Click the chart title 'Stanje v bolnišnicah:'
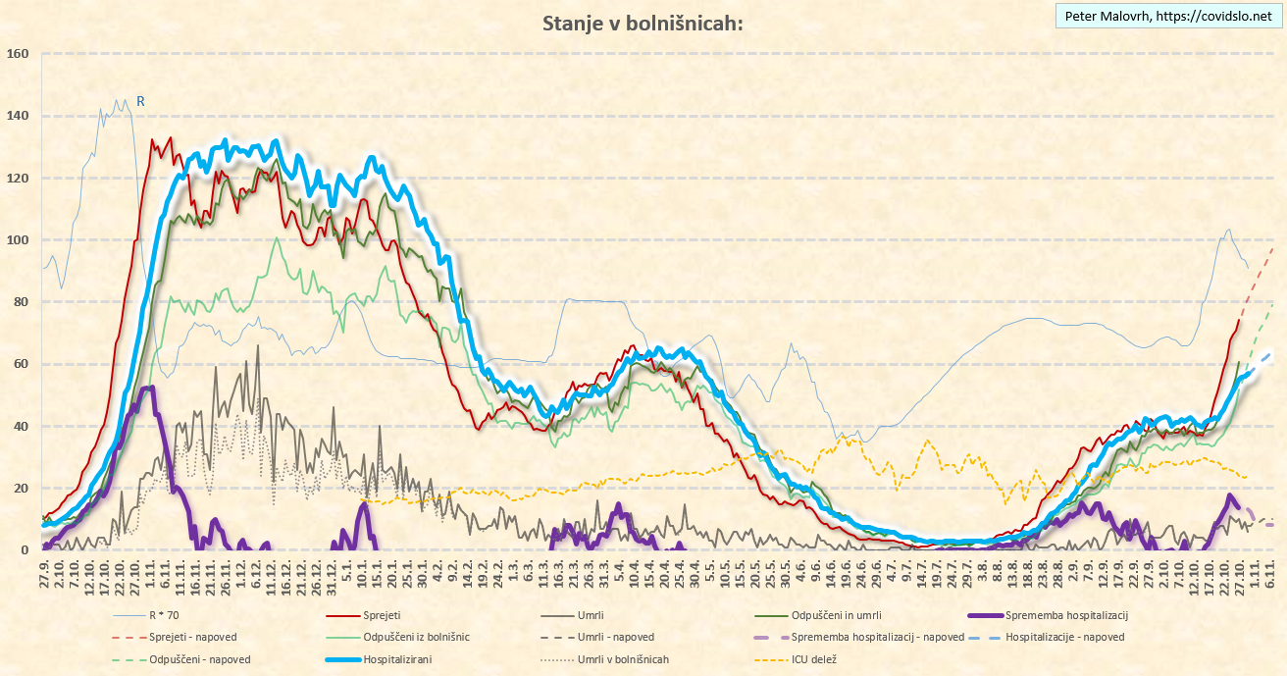coord(643,23)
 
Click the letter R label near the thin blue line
coord(141,101)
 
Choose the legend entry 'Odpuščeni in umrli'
coord(825,616)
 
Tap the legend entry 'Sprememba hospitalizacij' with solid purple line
coord(1069,616)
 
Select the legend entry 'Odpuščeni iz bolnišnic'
coord(416,638)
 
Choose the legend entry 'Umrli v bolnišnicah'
coord(623,659)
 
